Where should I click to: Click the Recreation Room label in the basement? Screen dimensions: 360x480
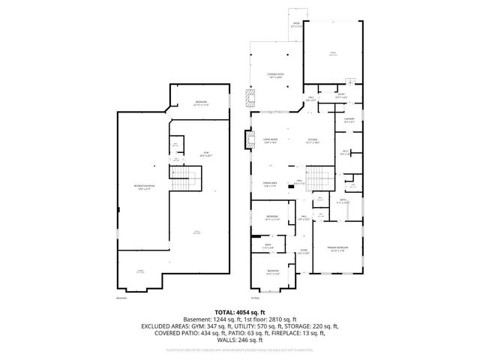pos(139,187)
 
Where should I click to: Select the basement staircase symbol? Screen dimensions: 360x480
pos(185,181)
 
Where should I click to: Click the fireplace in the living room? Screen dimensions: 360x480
pos(248,139)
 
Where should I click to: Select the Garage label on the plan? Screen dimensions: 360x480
pos(332,53)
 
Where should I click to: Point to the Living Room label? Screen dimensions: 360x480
pos(271,140)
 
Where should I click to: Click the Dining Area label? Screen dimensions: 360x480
pos(271,184)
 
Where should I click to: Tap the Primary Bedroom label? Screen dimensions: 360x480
pos(337,249)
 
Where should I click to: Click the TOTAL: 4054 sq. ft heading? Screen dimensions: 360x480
pos(240,311)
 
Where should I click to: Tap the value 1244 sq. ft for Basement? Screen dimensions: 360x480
pos(211,319)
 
